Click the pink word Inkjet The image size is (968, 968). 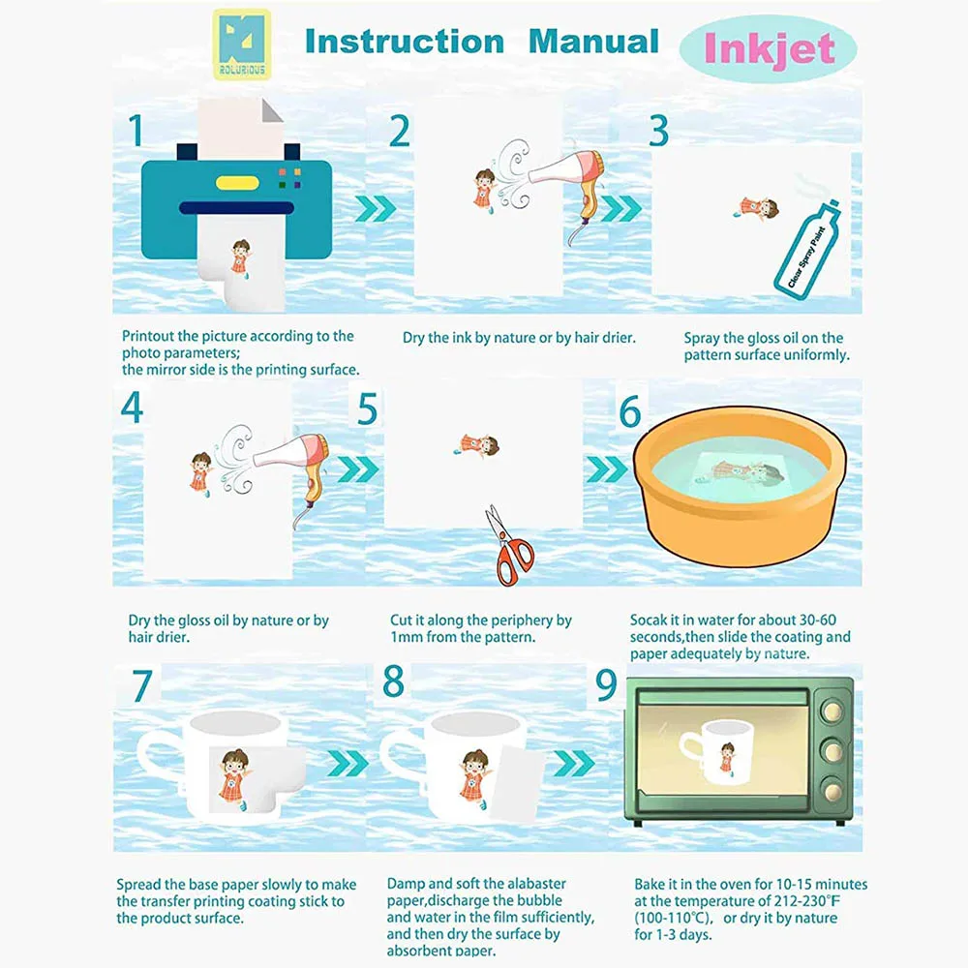click(x=770, y=48)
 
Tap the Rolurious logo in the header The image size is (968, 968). click(x=242, y=45)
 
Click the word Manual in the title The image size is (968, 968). click(x=594, y=42)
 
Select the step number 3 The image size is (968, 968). click(x=658, y=131)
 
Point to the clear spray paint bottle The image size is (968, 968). click(x=808, y=248)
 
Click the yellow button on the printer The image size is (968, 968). click(x=237, y=183)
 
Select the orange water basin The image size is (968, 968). click(x=740, y=486)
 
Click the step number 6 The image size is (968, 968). click(x=630, y=411)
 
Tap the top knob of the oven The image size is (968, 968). click(x=832, y=711)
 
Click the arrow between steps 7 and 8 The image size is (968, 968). click(x=348, y=764)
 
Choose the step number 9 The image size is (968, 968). click(x=606, y=684)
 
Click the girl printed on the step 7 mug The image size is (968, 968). click(x=233, y=779)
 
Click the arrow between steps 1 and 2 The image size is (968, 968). click(x=376, y=209)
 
